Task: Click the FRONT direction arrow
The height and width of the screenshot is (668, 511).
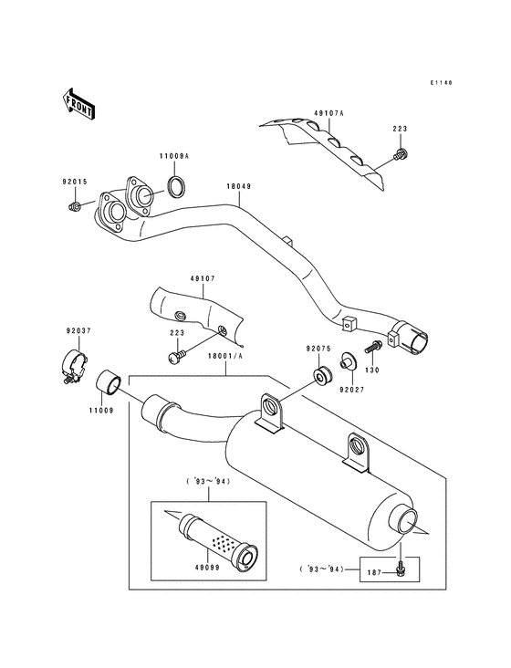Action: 79,105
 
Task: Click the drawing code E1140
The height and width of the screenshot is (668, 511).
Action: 442,82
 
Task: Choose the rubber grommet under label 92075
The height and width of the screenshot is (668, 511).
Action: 321,375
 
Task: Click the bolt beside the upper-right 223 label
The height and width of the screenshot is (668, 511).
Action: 399,156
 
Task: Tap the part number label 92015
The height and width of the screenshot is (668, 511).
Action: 75,183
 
